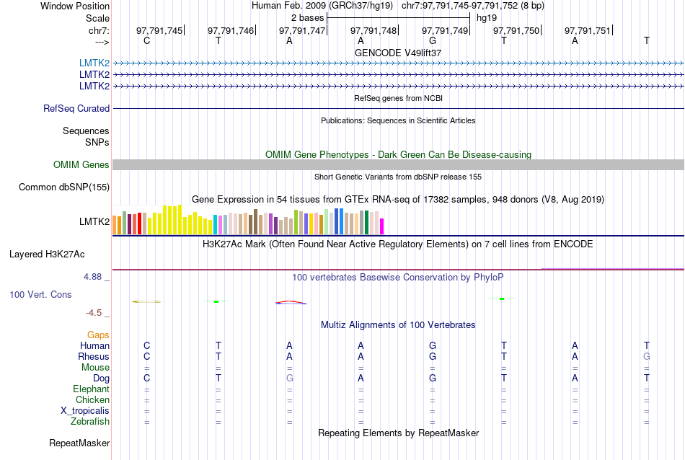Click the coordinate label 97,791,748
click(x=374, y=30)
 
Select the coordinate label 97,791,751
click(x=587, y=30)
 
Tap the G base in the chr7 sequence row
click(x=433, y=40)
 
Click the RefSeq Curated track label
click(x=76, y=109)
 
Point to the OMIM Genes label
click(x=81, y=165)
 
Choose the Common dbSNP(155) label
click(x=64, y=187)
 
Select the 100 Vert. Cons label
click(x=41, y=295)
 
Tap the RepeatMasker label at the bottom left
click(x=79, y=443)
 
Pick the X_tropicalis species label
click(x=85, y=411)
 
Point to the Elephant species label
click(x=91, y=389)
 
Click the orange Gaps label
click(x=98, y=335)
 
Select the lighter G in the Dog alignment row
click(x=290, y=379)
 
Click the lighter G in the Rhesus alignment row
click(x=647, y=357)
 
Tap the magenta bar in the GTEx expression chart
click(x=382, y=226)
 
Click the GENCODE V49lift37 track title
click(x=398, y=53)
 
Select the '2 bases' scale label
click(x=307, y=17)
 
